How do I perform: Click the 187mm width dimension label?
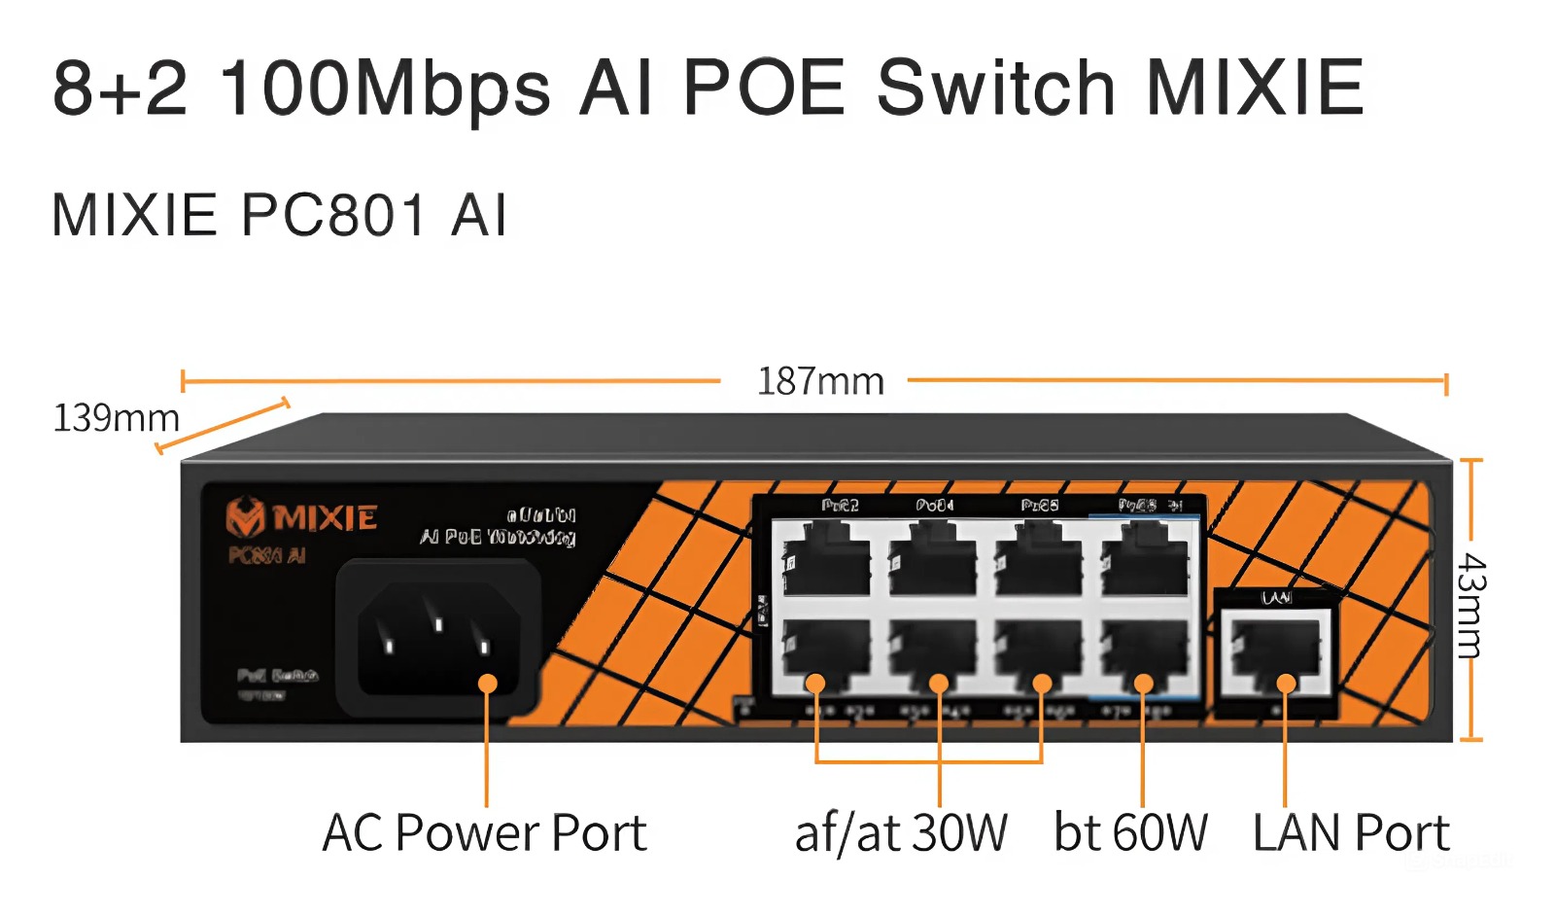tap(820, 381)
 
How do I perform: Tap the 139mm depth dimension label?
tap(116, 418)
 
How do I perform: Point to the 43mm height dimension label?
tap(1471, 606)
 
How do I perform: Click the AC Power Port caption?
tap(484, 833)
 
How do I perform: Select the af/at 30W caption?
tap(901, 833)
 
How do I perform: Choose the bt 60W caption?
tap(1130, 833)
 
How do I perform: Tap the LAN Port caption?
tap(1351, 833)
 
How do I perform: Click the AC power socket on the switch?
tap(438, 640)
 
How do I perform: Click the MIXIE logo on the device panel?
tap(301, 517)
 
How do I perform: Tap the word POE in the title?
tap(764, 88)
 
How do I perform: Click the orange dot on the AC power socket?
tap(488, 684)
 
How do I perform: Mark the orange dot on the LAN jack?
tap(1286, 684)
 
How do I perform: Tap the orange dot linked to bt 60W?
tap(1144, 684)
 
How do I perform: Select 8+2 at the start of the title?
tap(120, 88)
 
